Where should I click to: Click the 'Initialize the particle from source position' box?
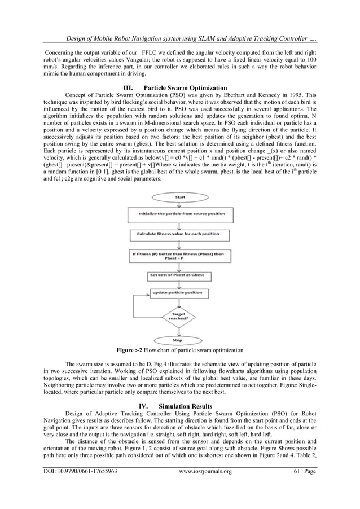coord(179,214)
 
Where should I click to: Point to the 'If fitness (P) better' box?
coord(179,254)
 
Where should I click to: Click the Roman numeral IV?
coord(143,406)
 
